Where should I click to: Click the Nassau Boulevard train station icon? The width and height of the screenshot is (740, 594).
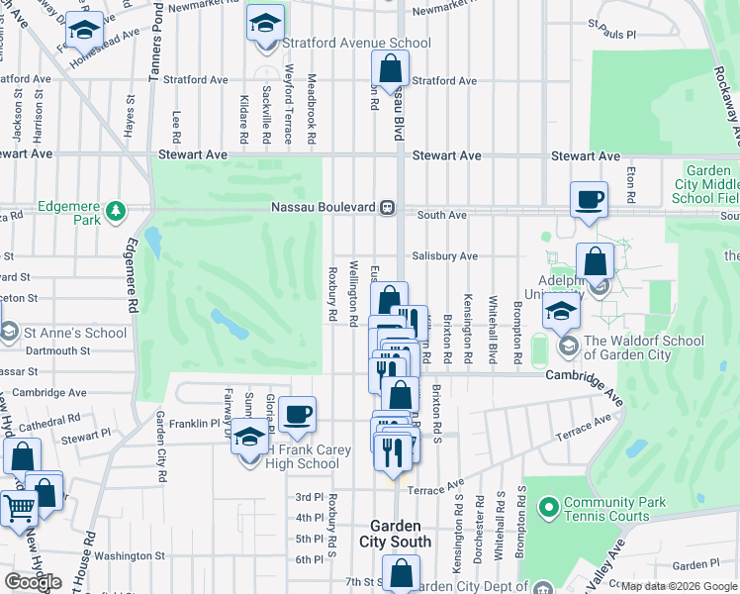388,208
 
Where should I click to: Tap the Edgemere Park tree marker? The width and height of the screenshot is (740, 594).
117,210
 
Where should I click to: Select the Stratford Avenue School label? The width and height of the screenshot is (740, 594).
357,44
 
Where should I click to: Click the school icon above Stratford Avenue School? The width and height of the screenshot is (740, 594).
265,23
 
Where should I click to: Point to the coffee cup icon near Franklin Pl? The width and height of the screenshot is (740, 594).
297,415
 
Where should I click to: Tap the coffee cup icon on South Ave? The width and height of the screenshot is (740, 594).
590,199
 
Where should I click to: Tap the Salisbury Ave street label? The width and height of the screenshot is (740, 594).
445,255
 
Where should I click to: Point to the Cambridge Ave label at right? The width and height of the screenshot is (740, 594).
584,375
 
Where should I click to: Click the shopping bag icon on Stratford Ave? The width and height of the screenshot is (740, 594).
391,70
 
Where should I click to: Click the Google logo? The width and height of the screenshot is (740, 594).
33,582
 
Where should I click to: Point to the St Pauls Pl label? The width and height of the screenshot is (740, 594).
611,34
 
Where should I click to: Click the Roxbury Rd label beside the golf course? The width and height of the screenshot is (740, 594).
332,293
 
